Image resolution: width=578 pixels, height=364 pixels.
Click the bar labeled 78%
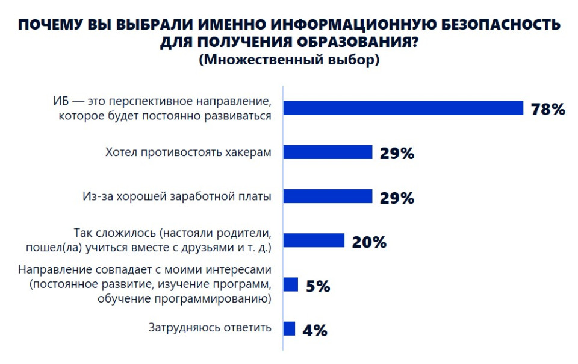tap(403, 108)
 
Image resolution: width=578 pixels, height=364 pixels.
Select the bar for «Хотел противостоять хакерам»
tap(328, 152)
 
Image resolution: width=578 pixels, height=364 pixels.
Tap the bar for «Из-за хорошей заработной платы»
tap(328, 196)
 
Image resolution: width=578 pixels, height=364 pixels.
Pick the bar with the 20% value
tap(314, 241)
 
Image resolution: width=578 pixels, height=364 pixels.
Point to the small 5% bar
tap(291, 284)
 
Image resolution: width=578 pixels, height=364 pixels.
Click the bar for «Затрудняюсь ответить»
tap(290, 328)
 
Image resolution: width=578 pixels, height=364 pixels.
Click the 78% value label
tap(548, 109)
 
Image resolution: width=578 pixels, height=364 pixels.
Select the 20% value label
tap(369, 242)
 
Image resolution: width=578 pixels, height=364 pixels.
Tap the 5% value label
tap(318, 286)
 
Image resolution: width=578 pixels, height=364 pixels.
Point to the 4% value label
tap(314, 330)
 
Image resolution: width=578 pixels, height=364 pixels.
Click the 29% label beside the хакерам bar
tap(397, 154)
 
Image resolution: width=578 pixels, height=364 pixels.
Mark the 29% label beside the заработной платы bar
tap(397, 198)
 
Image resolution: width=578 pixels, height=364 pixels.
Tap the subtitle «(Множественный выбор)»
tap(289, 60)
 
